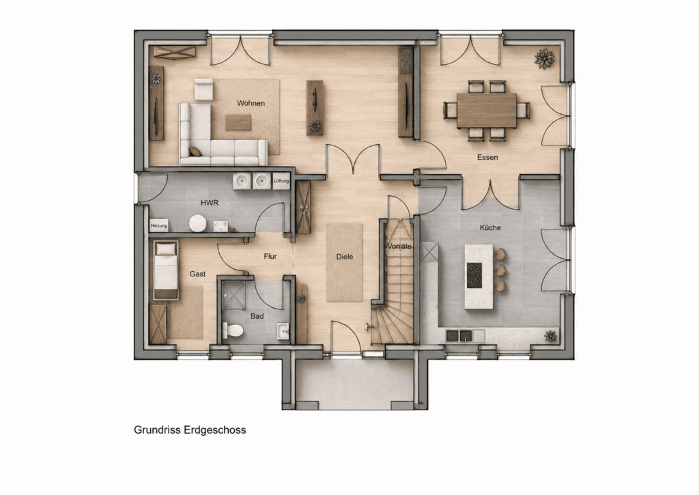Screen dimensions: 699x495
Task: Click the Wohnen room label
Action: coord(251,103)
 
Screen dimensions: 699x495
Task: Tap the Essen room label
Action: coord(487,157)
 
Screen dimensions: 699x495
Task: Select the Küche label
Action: coord(490,227)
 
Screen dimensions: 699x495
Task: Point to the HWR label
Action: coord(210,203)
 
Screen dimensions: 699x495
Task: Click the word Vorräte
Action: coord(399,246)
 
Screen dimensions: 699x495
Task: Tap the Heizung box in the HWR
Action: coord(158,225)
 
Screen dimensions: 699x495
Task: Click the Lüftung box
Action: coord(281,181)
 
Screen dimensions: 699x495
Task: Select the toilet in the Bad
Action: coord(233,330)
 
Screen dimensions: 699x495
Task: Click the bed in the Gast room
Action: coord(166,270)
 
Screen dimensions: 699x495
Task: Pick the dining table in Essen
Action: coord(486,110)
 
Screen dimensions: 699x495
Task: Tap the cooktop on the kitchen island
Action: coord(474,275)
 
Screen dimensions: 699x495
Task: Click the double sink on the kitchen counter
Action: coord(459,335)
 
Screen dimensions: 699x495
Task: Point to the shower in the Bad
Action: coord(233,295)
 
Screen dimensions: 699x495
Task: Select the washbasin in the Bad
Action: coord(283,331)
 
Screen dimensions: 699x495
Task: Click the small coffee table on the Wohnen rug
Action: coord(238,122)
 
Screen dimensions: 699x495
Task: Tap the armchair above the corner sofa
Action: coord(203,89)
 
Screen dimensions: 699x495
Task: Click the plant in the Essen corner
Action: coord(544,59)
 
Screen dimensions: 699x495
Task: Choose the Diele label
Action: coord(345,257)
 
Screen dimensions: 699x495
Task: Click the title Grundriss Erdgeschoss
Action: coord(190,430)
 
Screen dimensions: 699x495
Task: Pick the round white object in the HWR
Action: coord(197,223)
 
